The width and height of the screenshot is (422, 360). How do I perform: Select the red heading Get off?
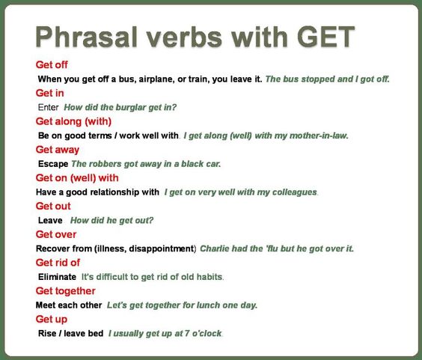pyautogui.click(x=52, y=64)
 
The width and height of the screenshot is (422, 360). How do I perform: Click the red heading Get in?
pyautogui.click(x=49, y=93)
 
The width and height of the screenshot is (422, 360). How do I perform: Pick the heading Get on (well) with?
pyautogui.click(x=77, y=177)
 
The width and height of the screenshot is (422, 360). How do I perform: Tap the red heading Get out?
pyautogui.click(x=52, y=206)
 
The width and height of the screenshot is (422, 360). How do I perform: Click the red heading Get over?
pyautogui.click(x=55, y=234)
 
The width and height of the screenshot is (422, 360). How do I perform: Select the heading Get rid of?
pyautogui.click(x=58, y=262)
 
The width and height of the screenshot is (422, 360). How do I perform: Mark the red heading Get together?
pyautogui.click(x=65, y=290)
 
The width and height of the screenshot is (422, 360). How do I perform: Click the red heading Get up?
pyautogui.click(x=50, y=319)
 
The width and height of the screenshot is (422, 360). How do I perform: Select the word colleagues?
pyautogui.click(x=290, y=192)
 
